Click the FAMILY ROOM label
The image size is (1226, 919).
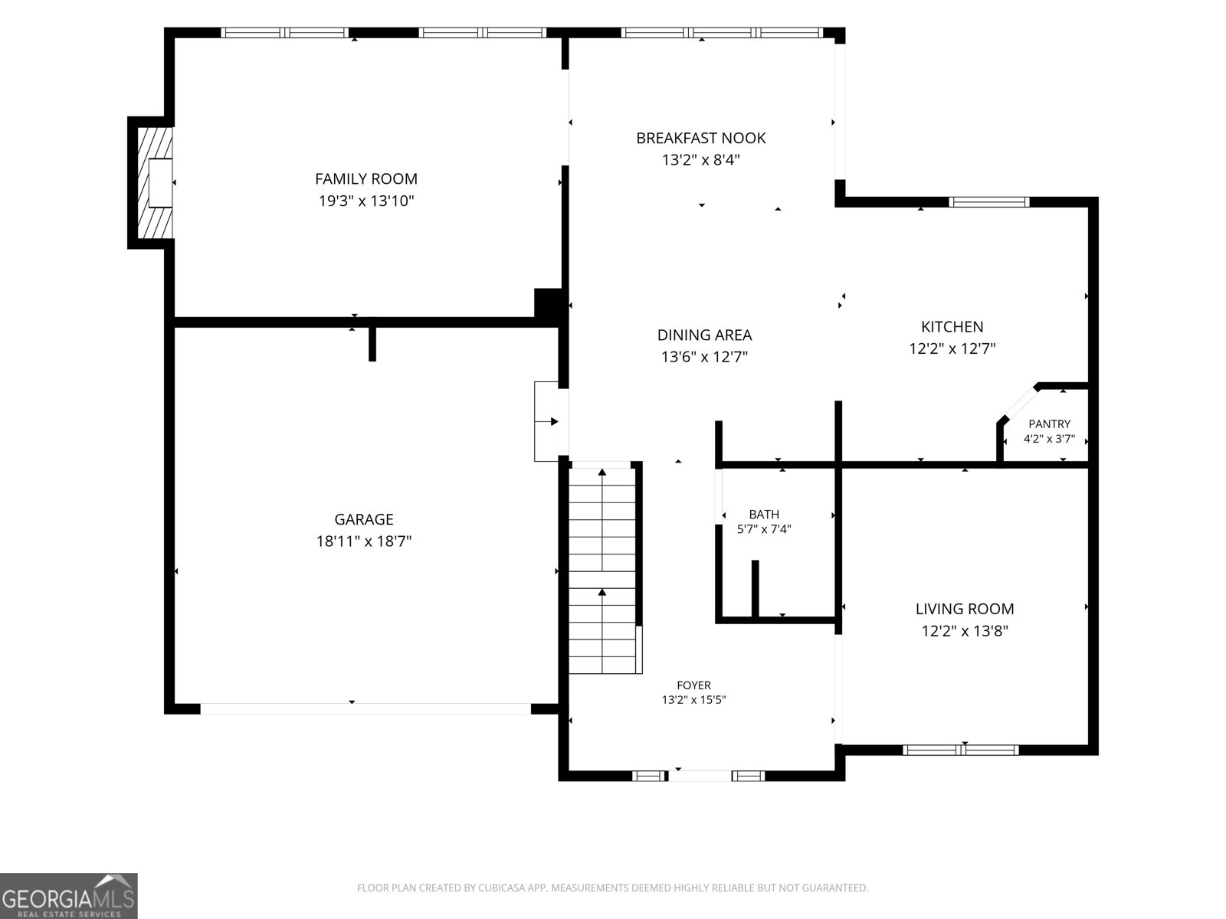[366, 178]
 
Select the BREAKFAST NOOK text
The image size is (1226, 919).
[701, 138]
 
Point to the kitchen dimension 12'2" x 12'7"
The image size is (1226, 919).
[952, 348]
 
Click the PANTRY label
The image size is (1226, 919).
[1050, 424]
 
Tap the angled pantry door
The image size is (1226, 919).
[1020, 403]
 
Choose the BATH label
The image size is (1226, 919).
[764, 515]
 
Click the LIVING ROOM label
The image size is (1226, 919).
[965, 609]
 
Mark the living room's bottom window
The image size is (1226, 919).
[961, 750]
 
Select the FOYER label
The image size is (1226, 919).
[693, 685]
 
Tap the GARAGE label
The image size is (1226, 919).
[364, 519]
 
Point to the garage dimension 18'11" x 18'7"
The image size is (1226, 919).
[364, 541]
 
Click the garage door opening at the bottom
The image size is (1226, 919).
[366, 708]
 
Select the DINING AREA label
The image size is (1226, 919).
[704, 335]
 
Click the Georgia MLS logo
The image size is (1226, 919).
[69, 896]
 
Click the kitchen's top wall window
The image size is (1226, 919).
[989, 202]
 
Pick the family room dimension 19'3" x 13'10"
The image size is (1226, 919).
[366, 201]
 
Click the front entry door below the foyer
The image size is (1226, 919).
[700, 776]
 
